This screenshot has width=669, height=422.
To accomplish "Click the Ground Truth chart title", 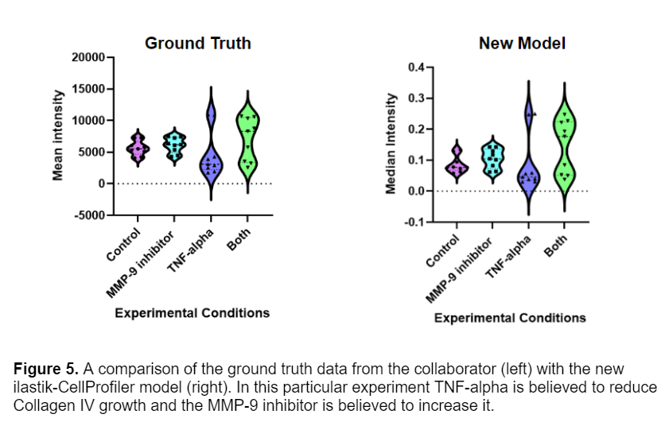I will pos(197,44).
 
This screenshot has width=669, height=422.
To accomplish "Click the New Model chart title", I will pos(522,44).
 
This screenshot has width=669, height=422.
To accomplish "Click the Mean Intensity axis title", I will pos(58,136).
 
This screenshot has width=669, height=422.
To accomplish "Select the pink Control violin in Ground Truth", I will pos(138,148).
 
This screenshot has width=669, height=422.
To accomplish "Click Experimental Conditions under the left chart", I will pos(192,313).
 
